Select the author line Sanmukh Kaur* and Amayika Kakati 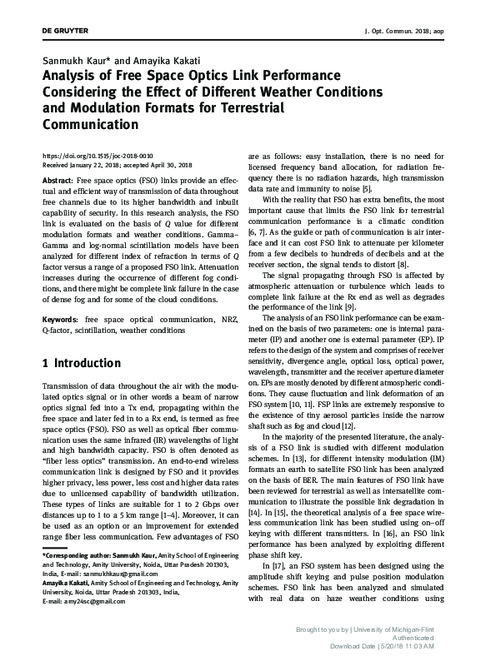pyautogui.click(x=113, y=62)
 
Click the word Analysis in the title pyautogui.click(x=73, y=77)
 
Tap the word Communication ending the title pyautogui.click(x=90, y=125)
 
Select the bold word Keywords pyautogui.click(x=61, y=321)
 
